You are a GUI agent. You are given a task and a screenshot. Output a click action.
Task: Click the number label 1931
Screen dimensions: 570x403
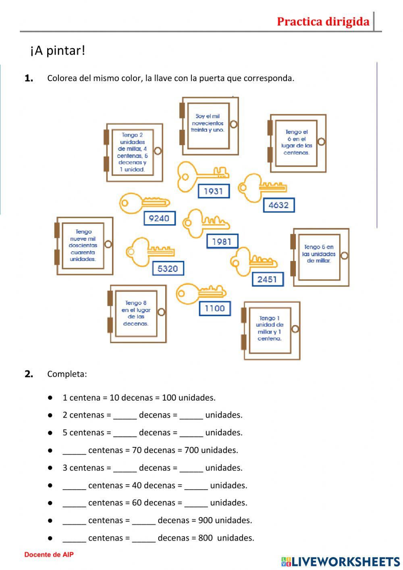pos(214,191)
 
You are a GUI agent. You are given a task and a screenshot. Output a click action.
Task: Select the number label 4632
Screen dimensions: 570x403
pos(278,205)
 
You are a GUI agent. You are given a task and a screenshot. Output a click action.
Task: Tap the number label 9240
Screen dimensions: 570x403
pos(159,218)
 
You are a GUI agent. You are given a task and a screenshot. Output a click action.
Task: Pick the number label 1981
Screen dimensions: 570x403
pos(222,241)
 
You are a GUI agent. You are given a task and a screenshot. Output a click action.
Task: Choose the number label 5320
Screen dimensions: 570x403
pos(168,268)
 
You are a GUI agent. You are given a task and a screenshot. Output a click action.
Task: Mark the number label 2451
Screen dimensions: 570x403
pos(268,279)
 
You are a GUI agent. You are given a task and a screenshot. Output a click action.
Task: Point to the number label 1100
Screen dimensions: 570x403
pos(215,309)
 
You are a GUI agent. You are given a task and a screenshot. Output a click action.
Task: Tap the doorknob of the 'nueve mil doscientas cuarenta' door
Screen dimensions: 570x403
pos(108,244)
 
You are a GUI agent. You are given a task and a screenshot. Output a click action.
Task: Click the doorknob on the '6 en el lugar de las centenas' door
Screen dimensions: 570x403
pos(321,142)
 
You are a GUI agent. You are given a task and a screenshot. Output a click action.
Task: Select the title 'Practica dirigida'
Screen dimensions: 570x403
pos(323,21)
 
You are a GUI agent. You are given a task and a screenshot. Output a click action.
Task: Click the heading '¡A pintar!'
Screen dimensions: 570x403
pos(58,51)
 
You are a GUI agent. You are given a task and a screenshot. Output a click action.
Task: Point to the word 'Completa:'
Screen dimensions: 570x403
pos(67,374)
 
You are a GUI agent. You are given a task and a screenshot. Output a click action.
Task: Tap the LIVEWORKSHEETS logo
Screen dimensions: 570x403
pos(340,562)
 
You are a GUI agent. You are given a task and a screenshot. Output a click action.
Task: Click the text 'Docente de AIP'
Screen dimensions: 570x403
pos(49,555)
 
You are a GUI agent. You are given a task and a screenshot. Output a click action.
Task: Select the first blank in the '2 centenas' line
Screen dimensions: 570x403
pos(125,415)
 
